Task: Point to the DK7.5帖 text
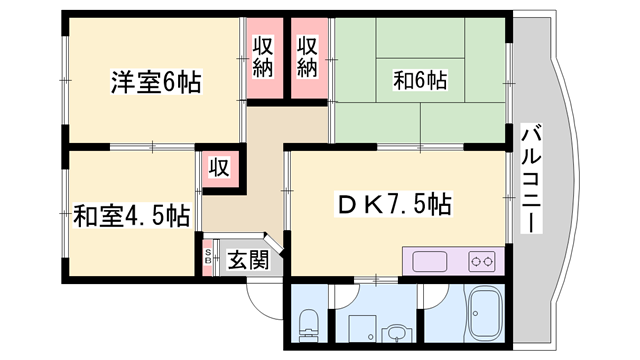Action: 393,207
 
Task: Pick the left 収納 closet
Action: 264,58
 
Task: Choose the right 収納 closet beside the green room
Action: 309,58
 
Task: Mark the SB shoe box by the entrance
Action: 208,258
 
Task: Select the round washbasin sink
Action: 398,333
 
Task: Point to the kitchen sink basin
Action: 433,262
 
